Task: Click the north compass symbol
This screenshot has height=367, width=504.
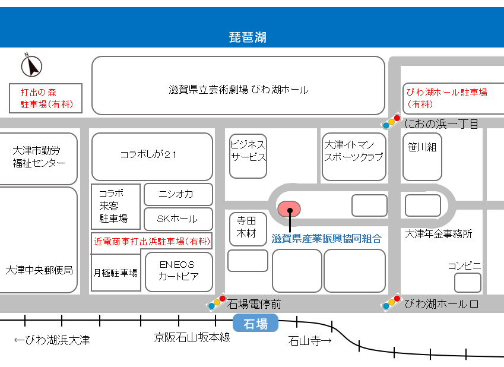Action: pyautogui.click(x=31, y=65)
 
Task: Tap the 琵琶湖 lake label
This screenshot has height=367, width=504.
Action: pyautogui.click(x=248, y=38)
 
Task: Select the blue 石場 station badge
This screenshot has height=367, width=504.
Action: pyautogui.click(x=255, y=324)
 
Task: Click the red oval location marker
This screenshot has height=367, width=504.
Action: pyautogui.click(x=289, y=209)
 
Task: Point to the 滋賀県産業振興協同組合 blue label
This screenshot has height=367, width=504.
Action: pyautogui.click(x=326, y=238)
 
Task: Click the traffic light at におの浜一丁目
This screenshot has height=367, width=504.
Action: pyautogui.click(x=391, y=122)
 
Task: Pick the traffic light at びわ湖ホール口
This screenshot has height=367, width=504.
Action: pyautogui.click(x=391, y=302)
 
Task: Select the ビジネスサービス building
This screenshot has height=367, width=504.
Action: pyautogui.click(x=248, y=156)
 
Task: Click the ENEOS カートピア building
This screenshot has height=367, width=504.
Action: pyautogui.click(x=178, y=271)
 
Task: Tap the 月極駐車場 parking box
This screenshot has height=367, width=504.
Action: pyautogui.click(x=116, y=273)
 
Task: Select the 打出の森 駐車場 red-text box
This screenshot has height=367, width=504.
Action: pyautogui.click(x=46, y=99)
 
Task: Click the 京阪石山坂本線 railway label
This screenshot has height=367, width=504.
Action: pyautogui.click(x=192, y=338)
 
